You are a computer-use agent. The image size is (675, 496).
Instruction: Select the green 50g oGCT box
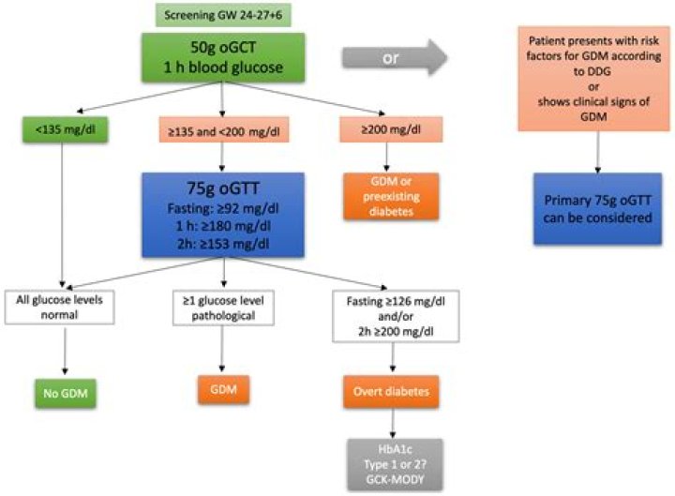pyautogui.click(x=221, y=56)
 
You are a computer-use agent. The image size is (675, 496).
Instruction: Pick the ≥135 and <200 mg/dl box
pyautogui.click(x=222, y=128)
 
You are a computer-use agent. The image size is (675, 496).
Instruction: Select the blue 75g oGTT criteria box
pyautogui.click(x=222, y=215)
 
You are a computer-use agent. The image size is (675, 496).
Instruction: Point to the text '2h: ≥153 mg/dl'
pyautogui.click(x=222, y=241)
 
